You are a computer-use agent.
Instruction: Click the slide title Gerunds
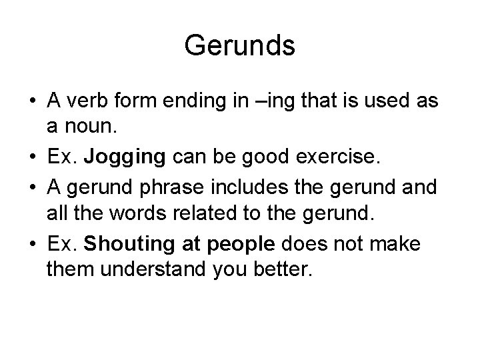239,46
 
